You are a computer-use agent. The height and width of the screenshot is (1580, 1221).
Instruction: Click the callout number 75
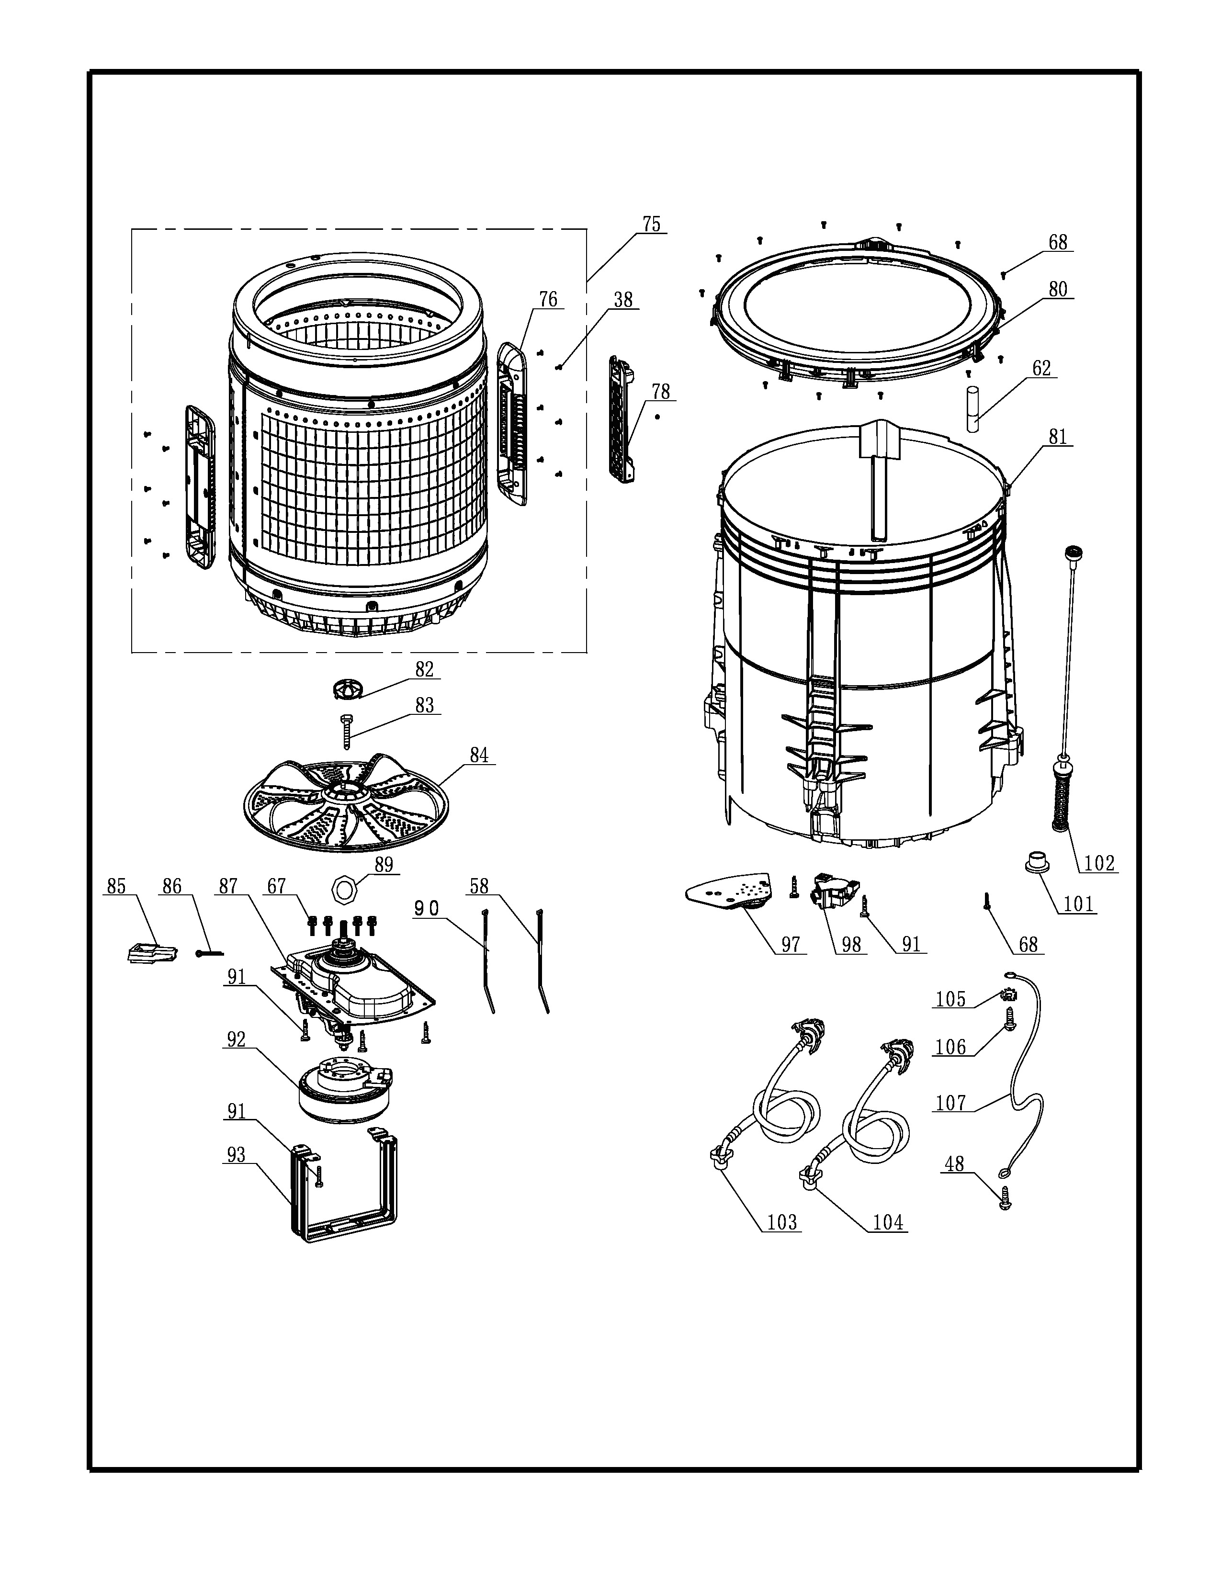coord(651,224)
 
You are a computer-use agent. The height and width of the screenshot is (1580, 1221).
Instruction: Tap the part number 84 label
coord(479,755)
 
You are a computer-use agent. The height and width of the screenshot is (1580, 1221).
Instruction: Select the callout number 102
coord(1099,863)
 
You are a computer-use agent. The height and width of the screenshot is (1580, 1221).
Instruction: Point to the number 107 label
coord(950,1103)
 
